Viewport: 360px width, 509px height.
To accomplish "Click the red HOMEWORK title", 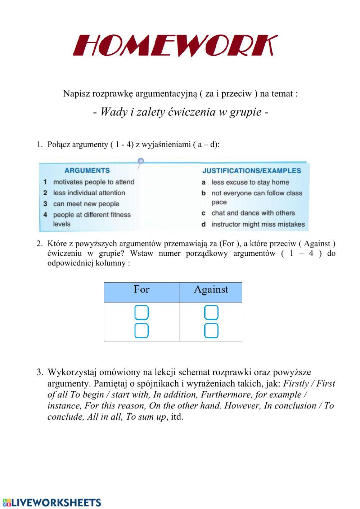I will (x=175, y=46).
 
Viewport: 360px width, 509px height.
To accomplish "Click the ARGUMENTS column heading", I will (x=87, y=170).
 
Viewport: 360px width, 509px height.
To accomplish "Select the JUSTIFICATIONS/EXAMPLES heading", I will (x=251, y=171).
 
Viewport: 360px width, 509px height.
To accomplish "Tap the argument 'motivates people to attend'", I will (x=94, y=182).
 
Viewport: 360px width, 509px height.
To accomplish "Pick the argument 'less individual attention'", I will (x=89, y=193).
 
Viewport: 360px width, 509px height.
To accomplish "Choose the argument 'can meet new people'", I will (x=86, y=204).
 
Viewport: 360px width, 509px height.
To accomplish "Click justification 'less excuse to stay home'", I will (x=250, y=182).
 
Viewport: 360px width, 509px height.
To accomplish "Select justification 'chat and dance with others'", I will (x=253, y=213).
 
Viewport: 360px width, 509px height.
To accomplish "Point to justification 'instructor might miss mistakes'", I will (x=258, y=224).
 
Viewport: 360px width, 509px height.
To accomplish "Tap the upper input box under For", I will (x=141, y=313).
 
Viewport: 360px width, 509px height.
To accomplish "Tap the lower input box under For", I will (x=141, y=331).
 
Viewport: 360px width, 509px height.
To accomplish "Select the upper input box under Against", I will (x=211, y=313).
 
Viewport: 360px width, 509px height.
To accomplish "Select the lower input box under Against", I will (x=211, y=331).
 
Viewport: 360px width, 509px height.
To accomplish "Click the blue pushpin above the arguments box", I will (x=141, y=161).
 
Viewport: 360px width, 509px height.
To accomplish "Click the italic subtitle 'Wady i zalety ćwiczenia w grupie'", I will (x=181, y=112).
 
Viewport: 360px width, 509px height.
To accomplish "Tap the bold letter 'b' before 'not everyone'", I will (x=203, y=193).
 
